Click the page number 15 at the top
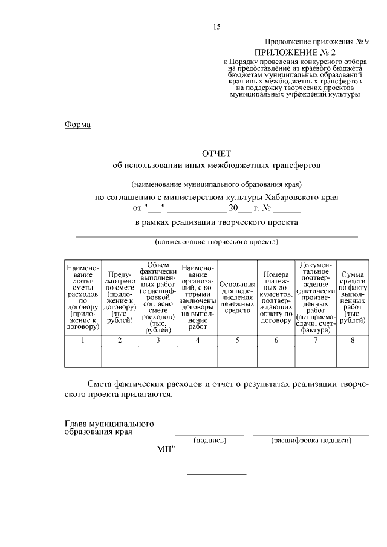tap(216, 27)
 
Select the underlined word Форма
tap(77, 125)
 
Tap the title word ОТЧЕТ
tap(216, 153)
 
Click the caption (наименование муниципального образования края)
tap(216, 184)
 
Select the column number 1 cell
tap(83, 340)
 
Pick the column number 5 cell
tap(237, 340)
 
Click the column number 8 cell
tap(352, 340)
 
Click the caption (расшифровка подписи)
tap(311, 441)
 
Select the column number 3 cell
tap(158, 340)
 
